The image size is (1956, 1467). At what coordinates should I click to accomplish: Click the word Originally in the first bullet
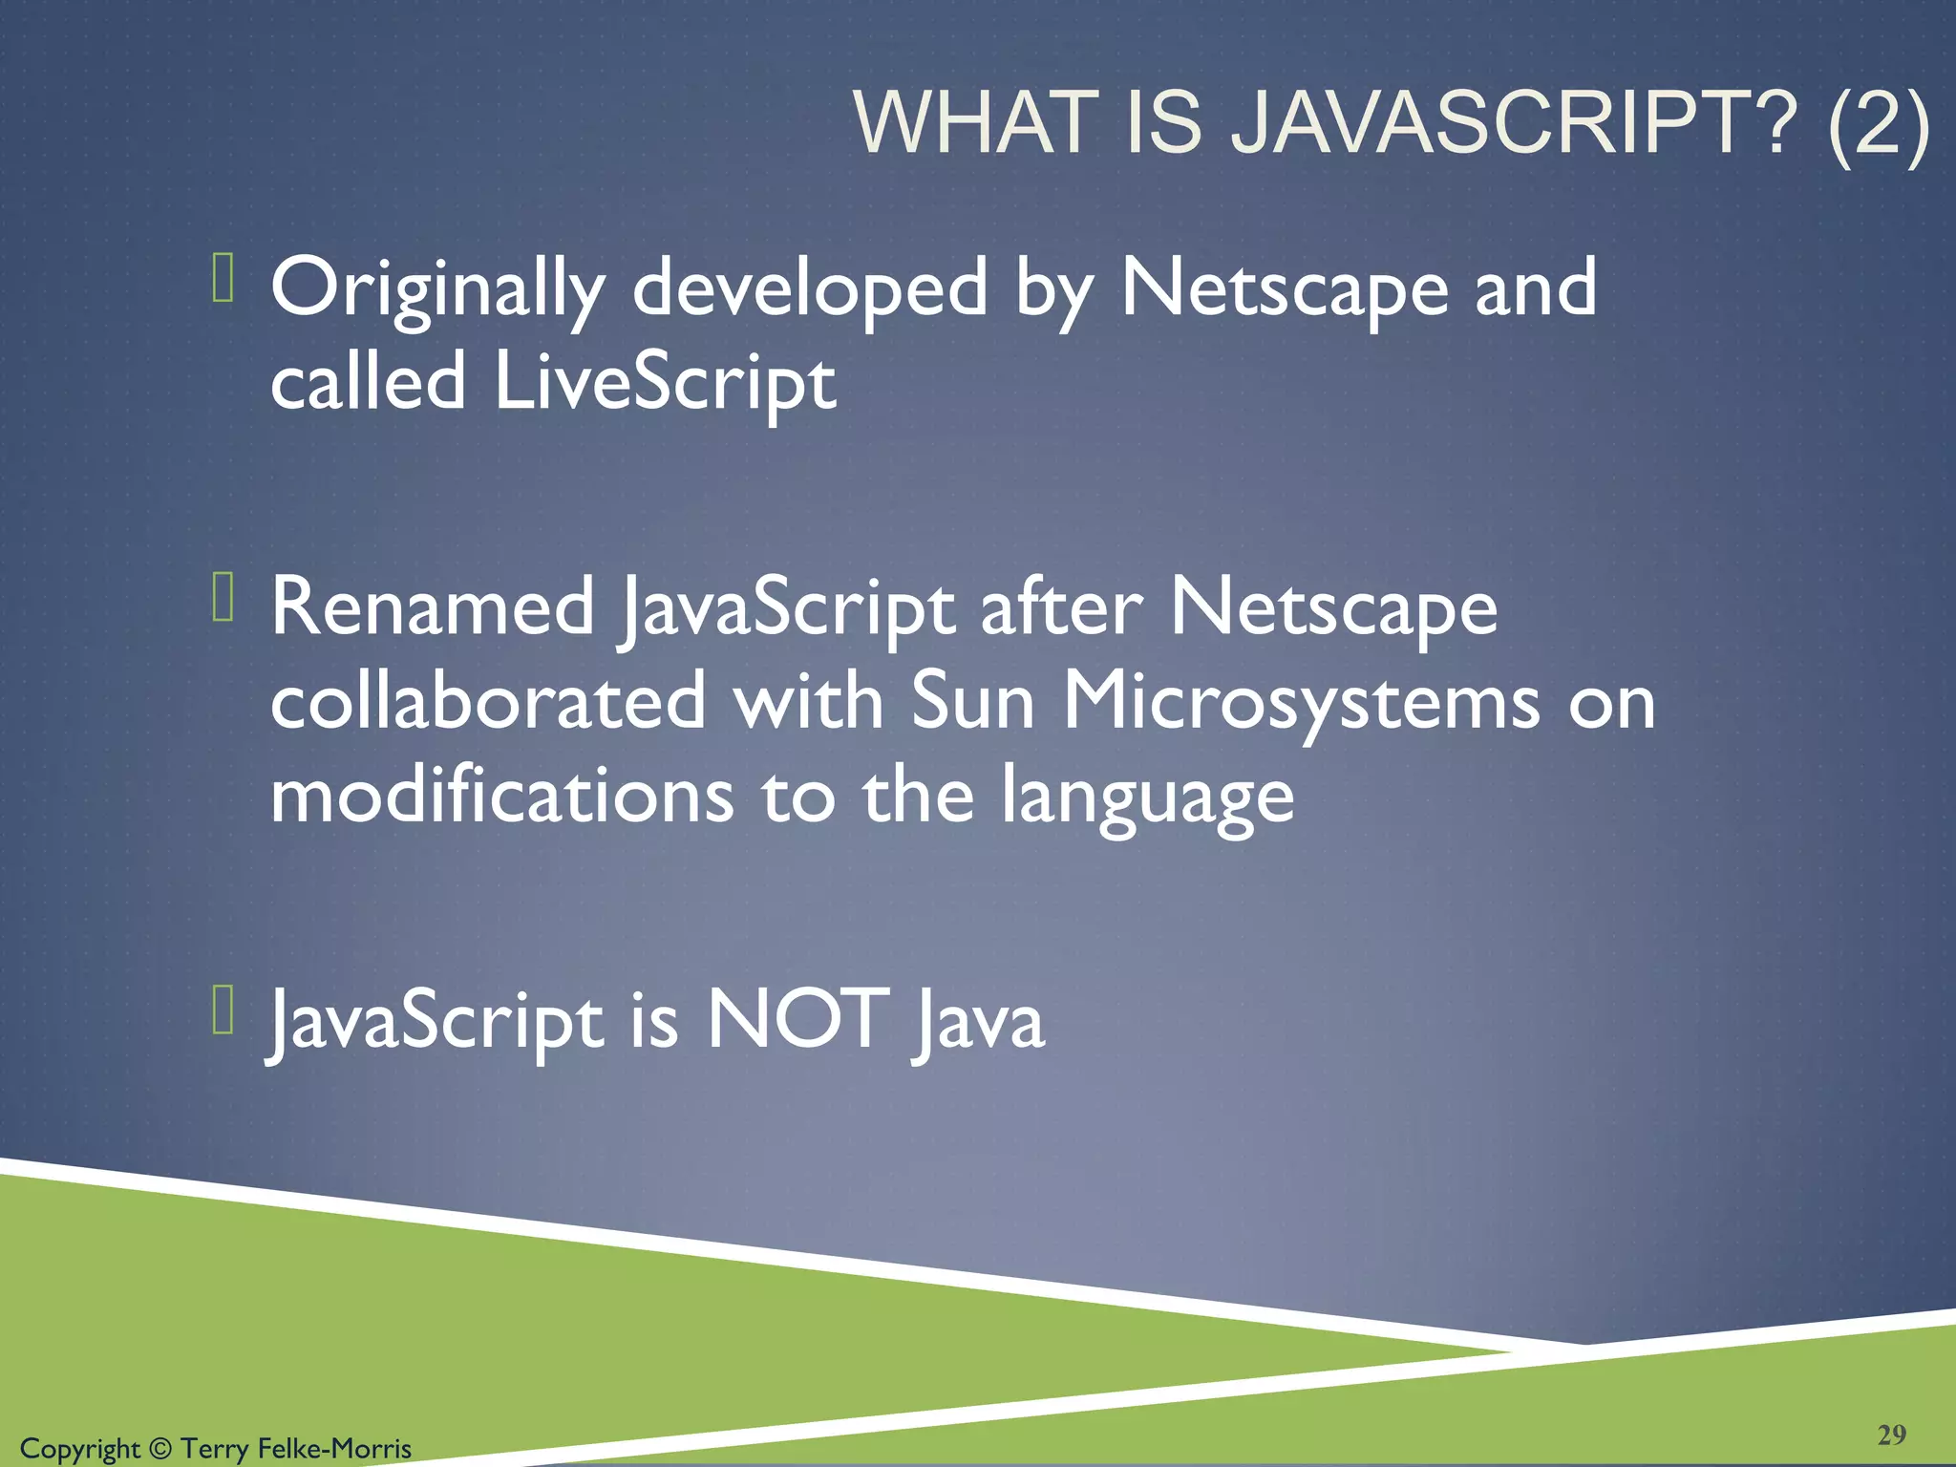pos(437,289)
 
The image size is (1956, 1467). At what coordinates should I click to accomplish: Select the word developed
pos(810,289)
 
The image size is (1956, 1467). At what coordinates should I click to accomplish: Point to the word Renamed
pos(433,607)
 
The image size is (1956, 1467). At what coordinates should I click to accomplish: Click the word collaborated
pos(488,702)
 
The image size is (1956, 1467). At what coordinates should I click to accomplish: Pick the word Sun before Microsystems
pos(972,702)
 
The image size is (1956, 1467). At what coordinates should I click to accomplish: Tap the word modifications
pos(501,797)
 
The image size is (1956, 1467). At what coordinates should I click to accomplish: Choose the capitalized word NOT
pos(797,1020)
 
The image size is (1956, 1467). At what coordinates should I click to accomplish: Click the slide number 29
pos(1891,1435)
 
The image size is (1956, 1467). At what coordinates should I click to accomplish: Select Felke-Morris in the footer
pos(334,1449)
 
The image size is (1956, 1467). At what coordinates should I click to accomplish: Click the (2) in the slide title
pos(1878,124)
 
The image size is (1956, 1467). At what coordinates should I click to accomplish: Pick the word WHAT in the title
pos(975,124)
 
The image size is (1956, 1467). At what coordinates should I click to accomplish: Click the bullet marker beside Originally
pos(223,278)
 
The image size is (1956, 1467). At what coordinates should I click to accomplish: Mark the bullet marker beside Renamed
pos(223,597)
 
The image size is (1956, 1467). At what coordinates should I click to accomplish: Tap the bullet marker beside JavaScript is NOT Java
pos(223,1010)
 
